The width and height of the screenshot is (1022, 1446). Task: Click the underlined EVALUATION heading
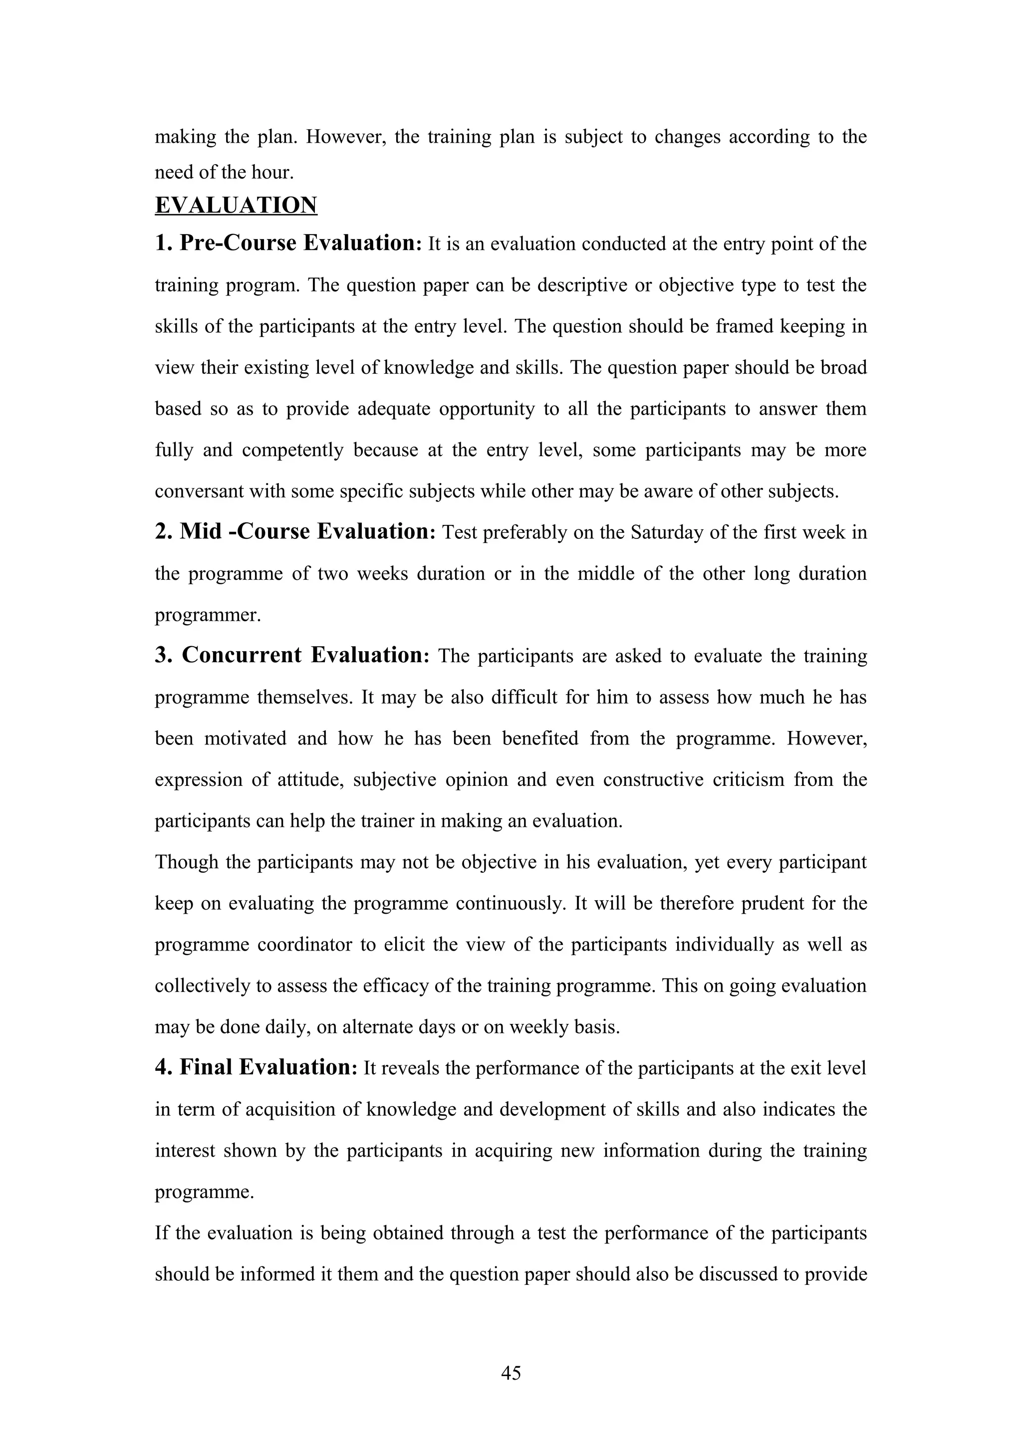point(236,205)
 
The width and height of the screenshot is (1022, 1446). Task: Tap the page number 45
point(511,1372)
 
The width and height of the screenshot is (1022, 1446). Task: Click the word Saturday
point(668,533)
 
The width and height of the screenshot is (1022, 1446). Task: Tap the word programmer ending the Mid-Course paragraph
point(208,615)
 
